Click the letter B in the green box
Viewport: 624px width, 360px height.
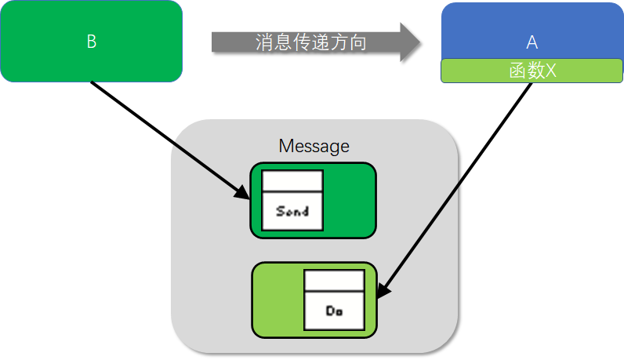(x=91, y=42)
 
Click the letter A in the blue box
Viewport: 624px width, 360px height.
(x=532, y=42)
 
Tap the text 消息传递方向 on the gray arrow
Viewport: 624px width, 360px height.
(x=311, y=42)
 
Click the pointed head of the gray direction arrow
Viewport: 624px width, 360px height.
(x=411, y=42)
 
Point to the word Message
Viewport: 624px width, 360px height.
(x=314, y=146)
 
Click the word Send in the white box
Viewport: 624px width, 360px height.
(x=292, y=211)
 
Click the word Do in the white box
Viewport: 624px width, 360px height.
(x=335, y=311)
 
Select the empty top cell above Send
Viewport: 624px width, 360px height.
(x=292, y=181)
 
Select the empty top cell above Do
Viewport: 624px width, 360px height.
(x=335, y=281)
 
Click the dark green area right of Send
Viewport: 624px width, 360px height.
(x=349, y=200)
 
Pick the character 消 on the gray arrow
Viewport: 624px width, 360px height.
(x=264, y=42)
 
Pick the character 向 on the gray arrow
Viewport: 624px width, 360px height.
(x=358, y=42)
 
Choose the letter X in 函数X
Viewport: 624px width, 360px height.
(x=550, y=71)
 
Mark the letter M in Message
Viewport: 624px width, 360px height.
(x=285, y=146)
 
